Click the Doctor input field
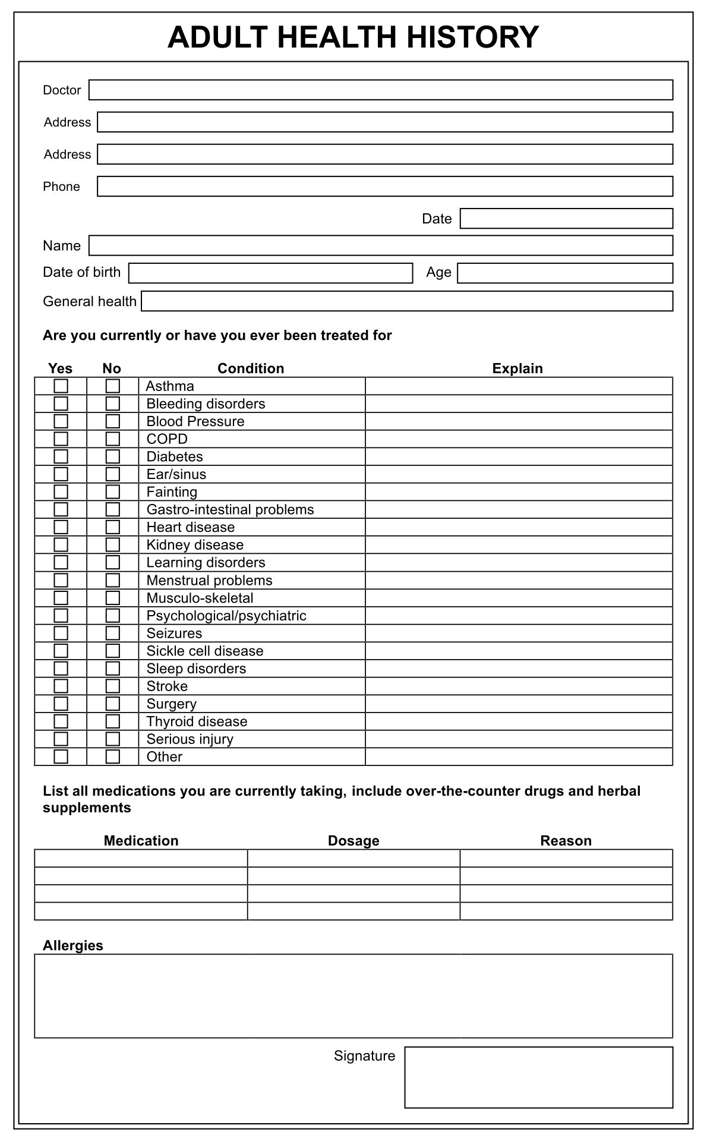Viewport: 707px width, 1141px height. click(380, 90)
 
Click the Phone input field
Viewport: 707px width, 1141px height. click(384, 186)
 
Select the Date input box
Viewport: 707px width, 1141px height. click(566, 218)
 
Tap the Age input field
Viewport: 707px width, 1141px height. click(564, 273)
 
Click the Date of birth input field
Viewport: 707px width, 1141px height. click(270, 273)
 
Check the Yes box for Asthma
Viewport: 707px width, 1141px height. click(61, 386)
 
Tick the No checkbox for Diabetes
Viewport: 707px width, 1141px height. click(112, 456)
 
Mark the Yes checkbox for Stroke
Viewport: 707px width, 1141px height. click(61, 686)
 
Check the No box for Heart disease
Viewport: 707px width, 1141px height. click(112, 527)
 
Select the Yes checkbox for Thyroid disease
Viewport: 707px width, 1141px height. click(61, 721)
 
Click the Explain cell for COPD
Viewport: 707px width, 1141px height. click(518, 439)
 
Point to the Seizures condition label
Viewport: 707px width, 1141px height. click(174, 633)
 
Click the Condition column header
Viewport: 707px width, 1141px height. click(251, 368)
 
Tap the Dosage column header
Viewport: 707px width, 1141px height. click(353, 841)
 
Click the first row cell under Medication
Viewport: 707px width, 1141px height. click(141, 858)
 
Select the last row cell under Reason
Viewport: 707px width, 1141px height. click(566, 911)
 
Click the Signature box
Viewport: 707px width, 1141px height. click(538, 1077)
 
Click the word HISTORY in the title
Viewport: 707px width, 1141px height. click(472, 37)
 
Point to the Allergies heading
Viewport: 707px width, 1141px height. click(72, 945)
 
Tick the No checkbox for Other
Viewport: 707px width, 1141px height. click(112, 757)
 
